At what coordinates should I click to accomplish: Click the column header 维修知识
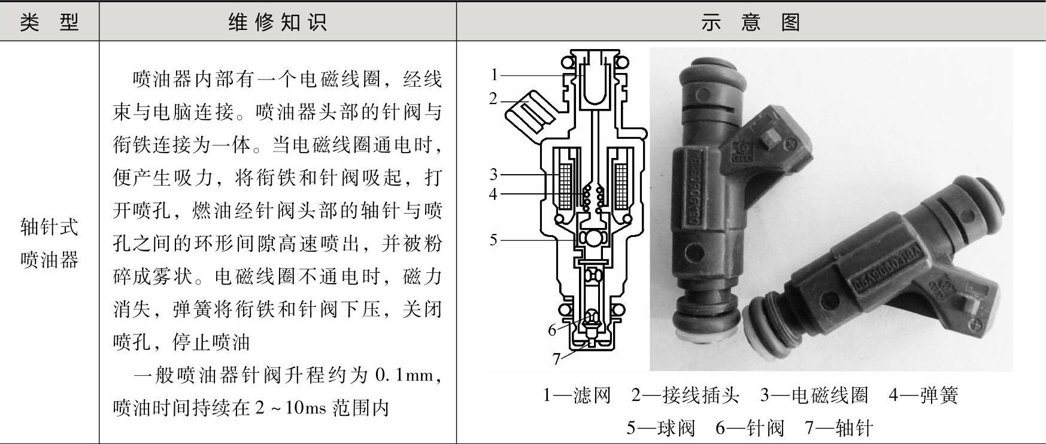(x=278, y=22)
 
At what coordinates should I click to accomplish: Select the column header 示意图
(x=751, y=22)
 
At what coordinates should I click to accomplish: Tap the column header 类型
(x=49, y=22)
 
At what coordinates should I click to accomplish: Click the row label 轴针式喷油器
(x=49, y=243)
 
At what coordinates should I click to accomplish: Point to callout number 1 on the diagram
(x=494, y=75)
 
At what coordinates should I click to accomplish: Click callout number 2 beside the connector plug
(x=493, y=98)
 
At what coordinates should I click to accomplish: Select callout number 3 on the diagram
(x=493, y=174)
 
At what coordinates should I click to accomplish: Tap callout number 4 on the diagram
(x=493, y=194)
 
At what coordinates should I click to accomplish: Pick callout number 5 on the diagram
(x=493, y=240)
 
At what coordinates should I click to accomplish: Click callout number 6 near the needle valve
(x=552, y=330)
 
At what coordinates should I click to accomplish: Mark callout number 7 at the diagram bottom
(x=556, y=358)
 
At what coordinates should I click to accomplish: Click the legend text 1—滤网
(x=577, y=395)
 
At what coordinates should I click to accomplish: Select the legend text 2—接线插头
(x=685, y=395)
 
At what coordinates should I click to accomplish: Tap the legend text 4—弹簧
(x=923, y=395)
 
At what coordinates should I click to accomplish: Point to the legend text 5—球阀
(x=660, y=428)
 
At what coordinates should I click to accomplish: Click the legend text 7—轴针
(x=839, y=428)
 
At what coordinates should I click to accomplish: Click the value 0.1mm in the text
(x=403, y=375)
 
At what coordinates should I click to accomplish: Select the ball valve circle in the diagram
(x=593, y=238)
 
